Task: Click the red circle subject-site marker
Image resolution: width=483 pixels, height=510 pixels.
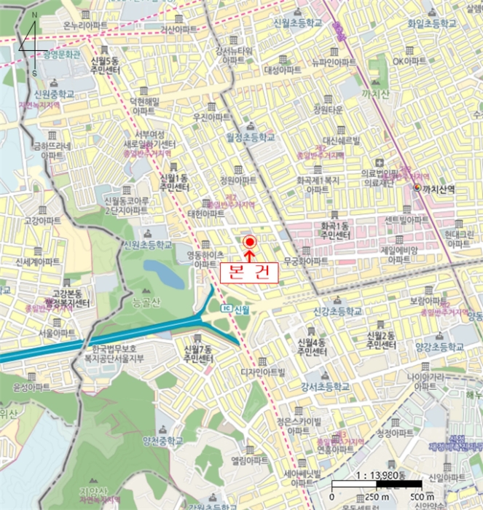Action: pyautogui.click(x=249, y=241)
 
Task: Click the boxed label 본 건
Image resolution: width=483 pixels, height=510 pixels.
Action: pyautogui.click(x=249, y=272)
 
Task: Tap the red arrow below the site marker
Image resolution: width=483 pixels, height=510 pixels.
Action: pyautogui.click(x=249, y=254)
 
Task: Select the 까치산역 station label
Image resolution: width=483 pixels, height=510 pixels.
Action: pyautogui.click(x=439, y=189)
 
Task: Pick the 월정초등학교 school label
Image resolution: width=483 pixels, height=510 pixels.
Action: pyautogui.click(x=251, y=137)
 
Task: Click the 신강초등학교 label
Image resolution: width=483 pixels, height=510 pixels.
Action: pyautogui.click(x=338, y=310)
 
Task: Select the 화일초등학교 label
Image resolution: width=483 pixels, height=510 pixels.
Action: pyautogui.click(x=431, y=23)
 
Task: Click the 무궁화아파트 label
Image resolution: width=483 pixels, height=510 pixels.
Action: pyautogui.click(x=306, y=260)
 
